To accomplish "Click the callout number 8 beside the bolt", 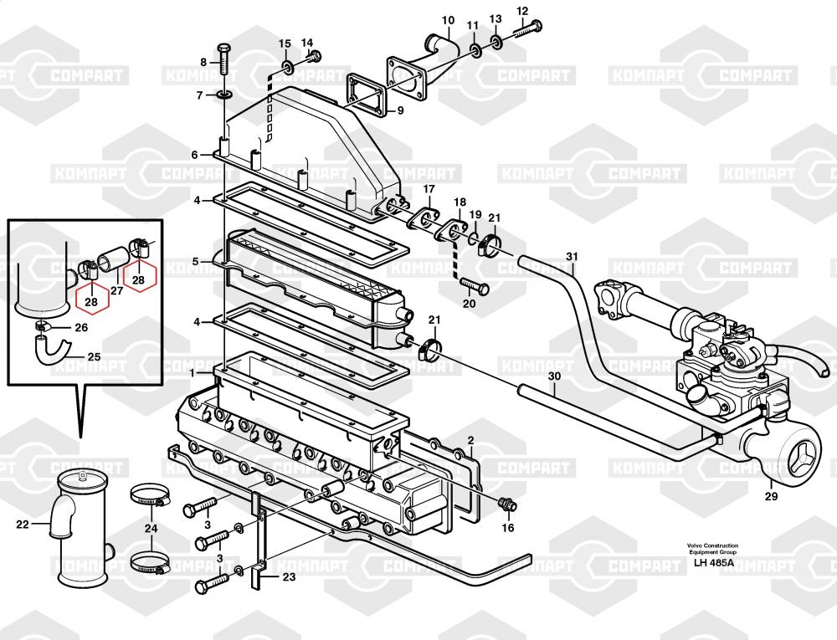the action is click(203, 63).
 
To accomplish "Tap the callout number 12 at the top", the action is click(522, 11).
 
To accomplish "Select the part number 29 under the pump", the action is click(772, 497).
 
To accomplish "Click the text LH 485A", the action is click(713, 562).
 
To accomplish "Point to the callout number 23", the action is click(289, 576).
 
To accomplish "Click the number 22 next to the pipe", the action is click(22, 525).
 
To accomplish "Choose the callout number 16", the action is click(508, 528).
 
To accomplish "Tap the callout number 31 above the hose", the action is click(572, 257).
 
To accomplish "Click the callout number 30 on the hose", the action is click(555, 376).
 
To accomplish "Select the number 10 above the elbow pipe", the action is click(448, 21).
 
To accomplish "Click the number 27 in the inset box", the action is click(116, 290).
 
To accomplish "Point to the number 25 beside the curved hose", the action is click(94, 356).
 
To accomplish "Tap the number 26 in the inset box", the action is click(81, 327).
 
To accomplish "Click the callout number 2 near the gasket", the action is click(470, 440).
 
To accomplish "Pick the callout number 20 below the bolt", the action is click(469, 304).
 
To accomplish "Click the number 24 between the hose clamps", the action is click(151, 528).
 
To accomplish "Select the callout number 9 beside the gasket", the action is click(400, 111).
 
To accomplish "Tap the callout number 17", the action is click(429, 189).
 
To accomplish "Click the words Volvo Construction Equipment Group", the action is click(712, 549).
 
